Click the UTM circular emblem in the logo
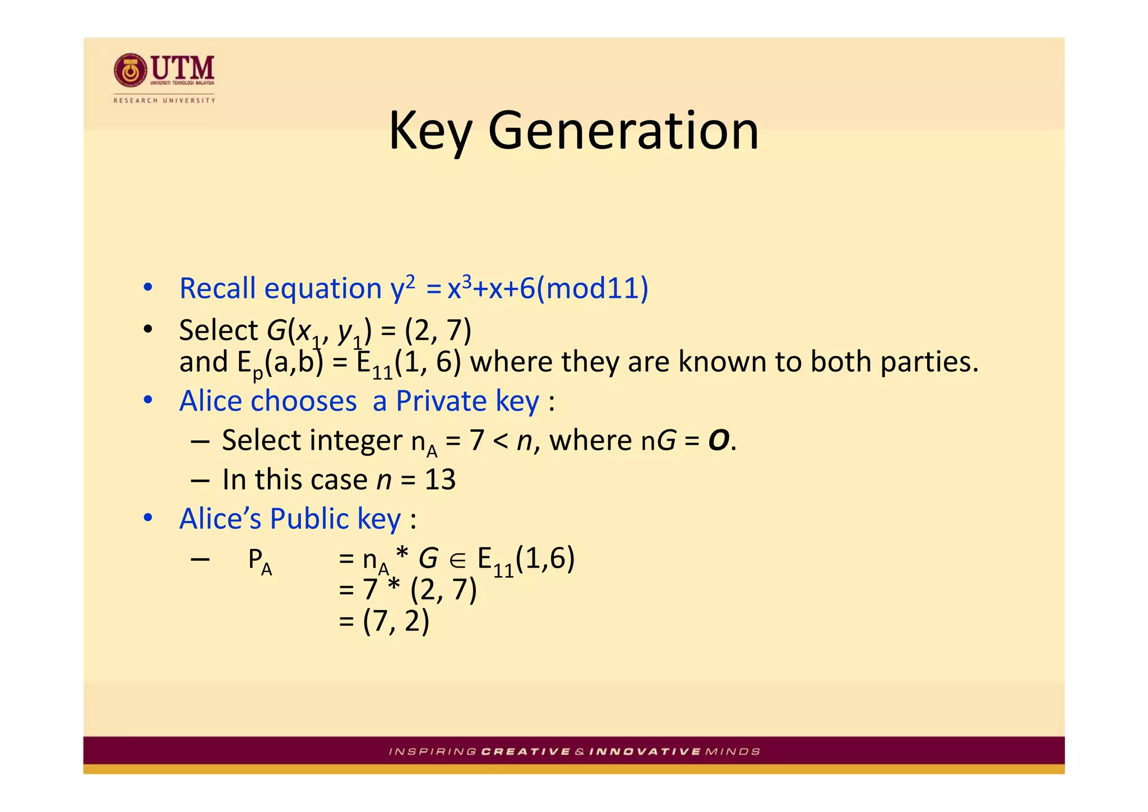coord(130,71)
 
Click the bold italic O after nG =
coord(719,441)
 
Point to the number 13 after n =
coord(440,480)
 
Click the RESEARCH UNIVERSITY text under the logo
coord(164,100)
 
